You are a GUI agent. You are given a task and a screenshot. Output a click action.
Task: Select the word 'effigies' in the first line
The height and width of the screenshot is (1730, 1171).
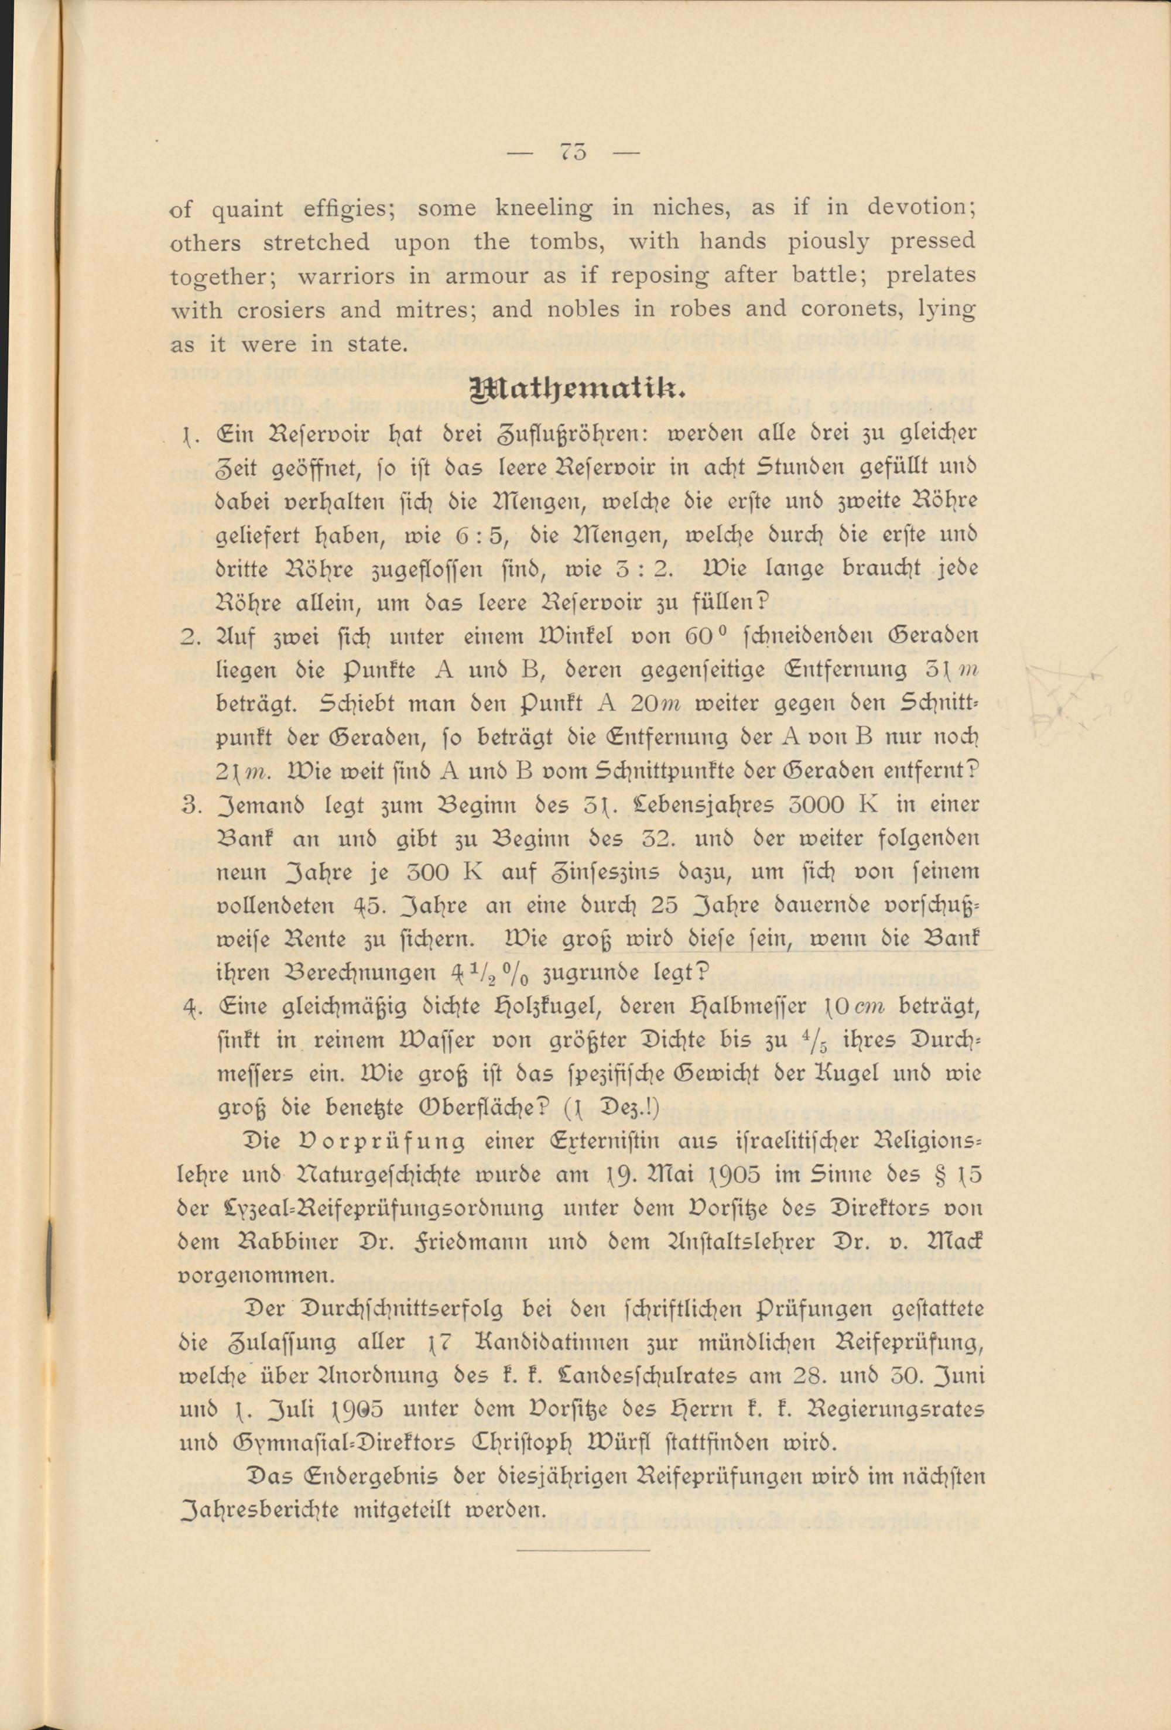click(x=348, y=209)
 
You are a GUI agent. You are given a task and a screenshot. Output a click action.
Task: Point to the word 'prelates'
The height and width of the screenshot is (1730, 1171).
click(x=930, y=275)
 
